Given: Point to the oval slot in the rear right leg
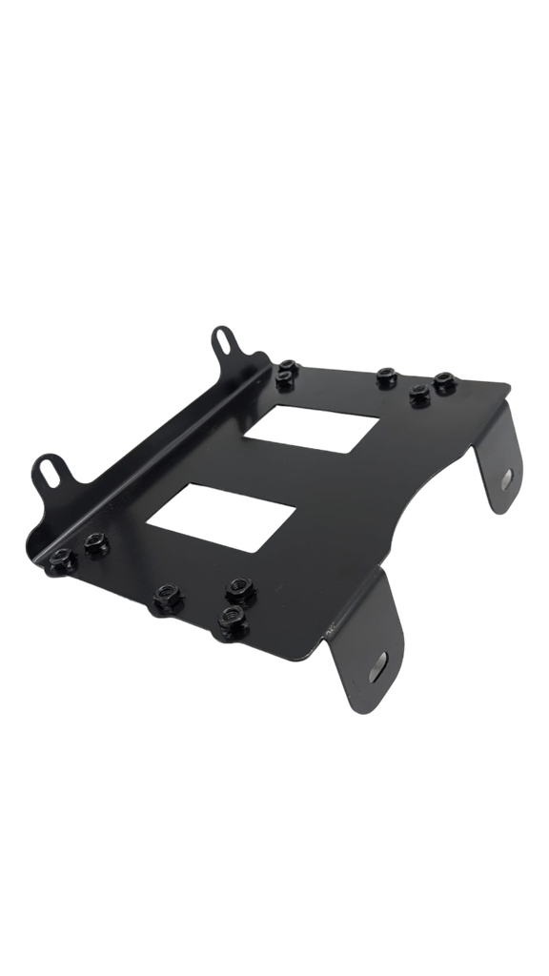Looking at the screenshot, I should (x=506, y=477).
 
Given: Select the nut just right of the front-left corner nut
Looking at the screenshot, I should (x=95, y=544).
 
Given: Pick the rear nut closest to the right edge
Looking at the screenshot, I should (x=443, y=382).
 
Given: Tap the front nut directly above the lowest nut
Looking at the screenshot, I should (x=240, y=586).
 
